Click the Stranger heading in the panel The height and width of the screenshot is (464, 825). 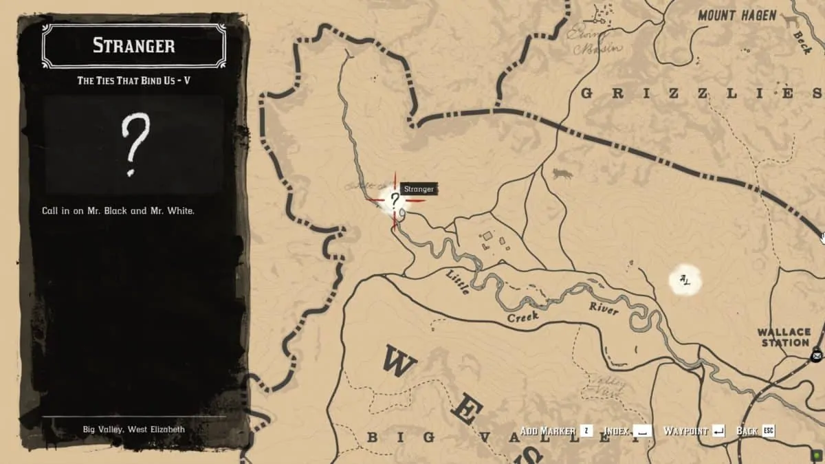coord(134,46)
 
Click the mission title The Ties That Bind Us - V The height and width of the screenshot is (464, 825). coord(134,80)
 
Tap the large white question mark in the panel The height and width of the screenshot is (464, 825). coord(134,145)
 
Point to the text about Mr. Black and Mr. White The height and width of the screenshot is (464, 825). coord(118,211)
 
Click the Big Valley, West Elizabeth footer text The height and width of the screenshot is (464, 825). coord(134,430)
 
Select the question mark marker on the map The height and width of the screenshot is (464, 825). coord(395,200)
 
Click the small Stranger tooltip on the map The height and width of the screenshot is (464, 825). coord(418,189)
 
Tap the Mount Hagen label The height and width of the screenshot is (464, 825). coord(737,15)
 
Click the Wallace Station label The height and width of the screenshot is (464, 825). coord(784,338)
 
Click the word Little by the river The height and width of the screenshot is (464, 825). coord(458,282)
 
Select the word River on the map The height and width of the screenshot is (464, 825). coord(603,309)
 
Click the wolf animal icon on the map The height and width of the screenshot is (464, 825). coord(562,174)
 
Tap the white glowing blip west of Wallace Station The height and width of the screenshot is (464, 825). coord(685,280)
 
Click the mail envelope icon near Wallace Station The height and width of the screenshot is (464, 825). coord(816,355)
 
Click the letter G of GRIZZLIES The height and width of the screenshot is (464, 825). coord(586,93)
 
